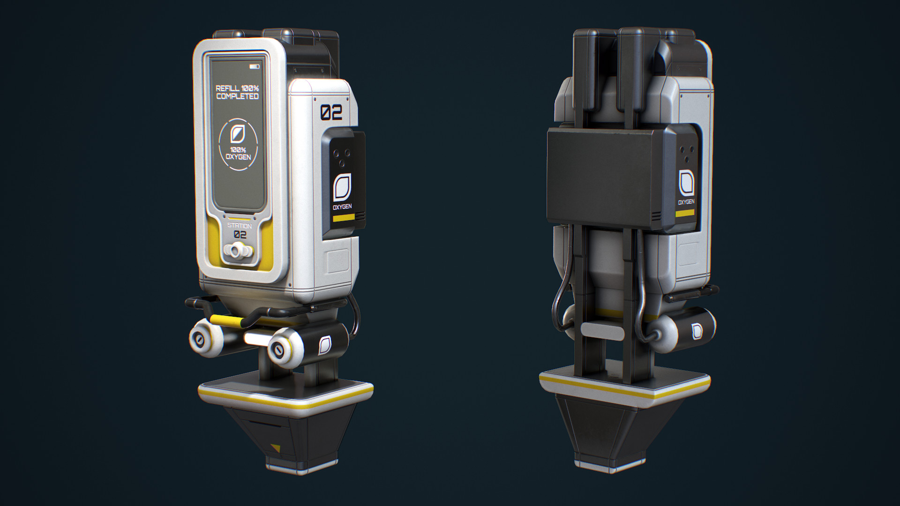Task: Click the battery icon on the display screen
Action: tap(254, 67)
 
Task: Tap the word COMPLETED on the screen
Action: tap(237, 97)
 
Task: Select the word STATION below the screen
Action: tap(240, 226)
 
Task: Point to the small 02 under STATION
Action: tap(240, 234)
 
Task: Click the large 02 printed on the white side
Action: tap(331, 112)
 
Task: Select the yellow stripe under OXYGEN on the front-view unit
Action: tap(342, 218)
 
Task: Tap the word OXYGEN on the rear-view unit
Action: tap(686, 202)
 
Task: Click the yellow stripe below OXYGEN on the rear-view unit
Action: tap(685, 213)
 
